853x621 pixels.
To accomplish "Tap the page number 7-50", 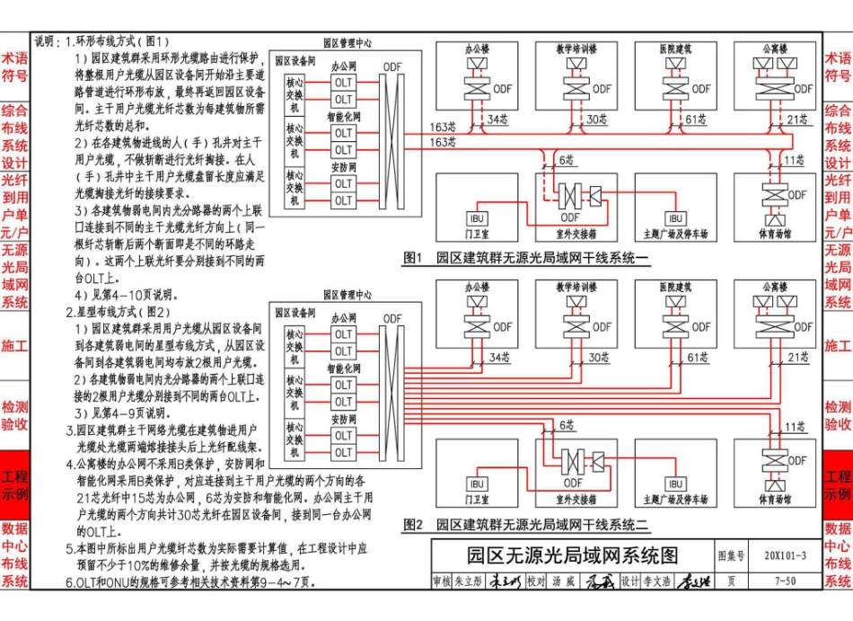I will click(x=785, y=581).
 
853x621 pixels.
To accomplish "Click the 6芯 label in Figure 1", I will click(x=567, y=159).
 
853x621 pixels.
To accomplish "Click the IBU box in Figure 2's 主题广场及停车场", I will click(x=675, y=483).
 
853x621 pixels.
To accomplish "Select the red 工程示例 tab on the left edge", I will click(x=14, y=485).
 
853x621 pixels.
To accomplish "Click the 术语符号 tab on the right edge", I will click(x=838, y=67).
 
